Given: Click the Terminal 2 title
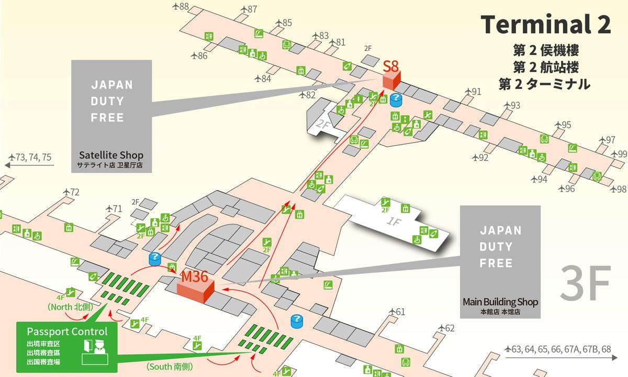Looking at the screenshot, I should (546, 25).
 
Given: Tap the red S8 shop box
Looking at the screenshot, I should (391, 80).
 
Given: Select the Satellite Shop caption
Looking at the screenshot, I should (111, 156).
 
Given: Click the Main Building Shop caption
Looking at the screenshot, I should (500, 302).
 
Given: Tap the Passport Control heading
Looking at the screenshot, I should (67, 331).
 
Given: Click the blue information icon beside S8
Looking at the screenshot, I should (397, 100).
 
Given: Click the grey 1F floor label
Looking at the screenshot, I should (393, 221).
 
